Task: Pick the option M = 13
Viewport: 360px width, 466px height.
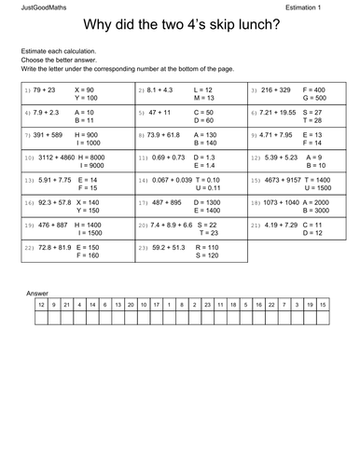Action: click(204, 97)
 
